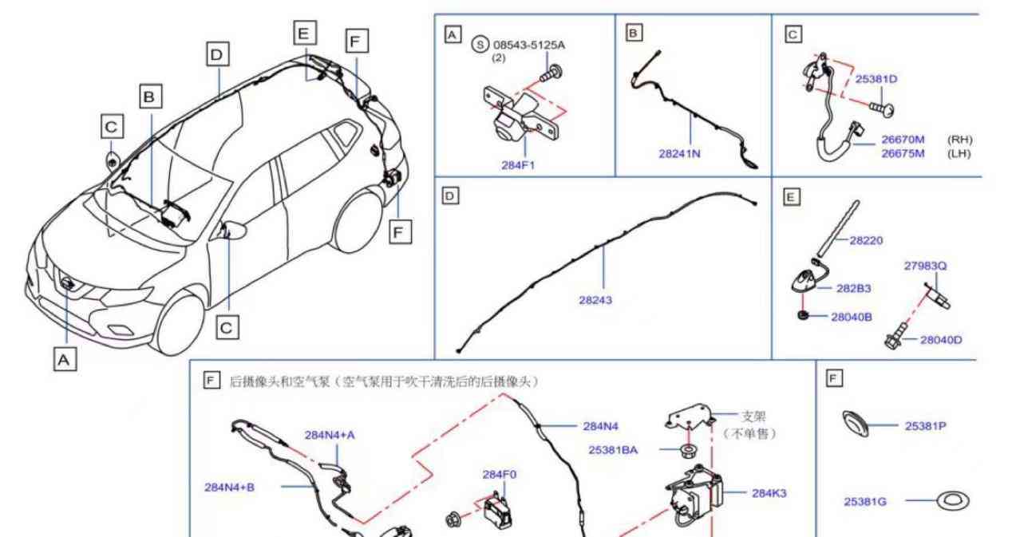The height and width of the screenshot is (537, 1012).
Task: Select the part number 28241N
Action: click(679, 154)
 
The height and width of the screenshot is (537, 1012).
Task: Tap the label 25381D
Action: click(876, 79)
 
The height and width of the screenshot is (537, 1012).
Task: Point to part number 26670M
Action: click(903, 140)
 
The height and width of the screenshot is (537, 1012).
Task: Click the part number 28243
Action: click(595, 300)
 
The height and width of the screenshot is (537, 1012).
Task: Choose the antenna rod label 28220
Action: click(866, 239)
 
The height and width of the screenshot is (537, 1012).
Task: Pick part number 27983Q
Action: click(925, 266)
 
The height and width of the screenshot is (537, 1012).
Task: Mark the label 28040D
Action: click(941, 340)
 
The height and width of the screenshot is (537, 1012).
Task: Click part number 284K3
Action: click(769, 493)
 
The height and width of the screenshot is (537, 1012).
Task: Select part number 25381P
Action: click(925, 426)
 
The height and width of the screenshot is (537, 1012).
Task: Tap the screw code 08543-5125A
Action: click(528, 45)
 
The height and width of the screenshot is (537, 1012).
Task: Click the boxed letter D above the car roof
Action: click(217, 54)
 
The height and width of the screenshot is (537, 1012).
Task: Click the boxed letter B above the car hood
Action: click(150, 97)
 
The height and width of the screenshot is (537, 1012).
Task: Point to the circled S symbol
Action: click(480, 45)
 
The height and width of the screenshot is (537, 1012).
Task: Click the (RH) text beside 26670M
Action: click(959, 140)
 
